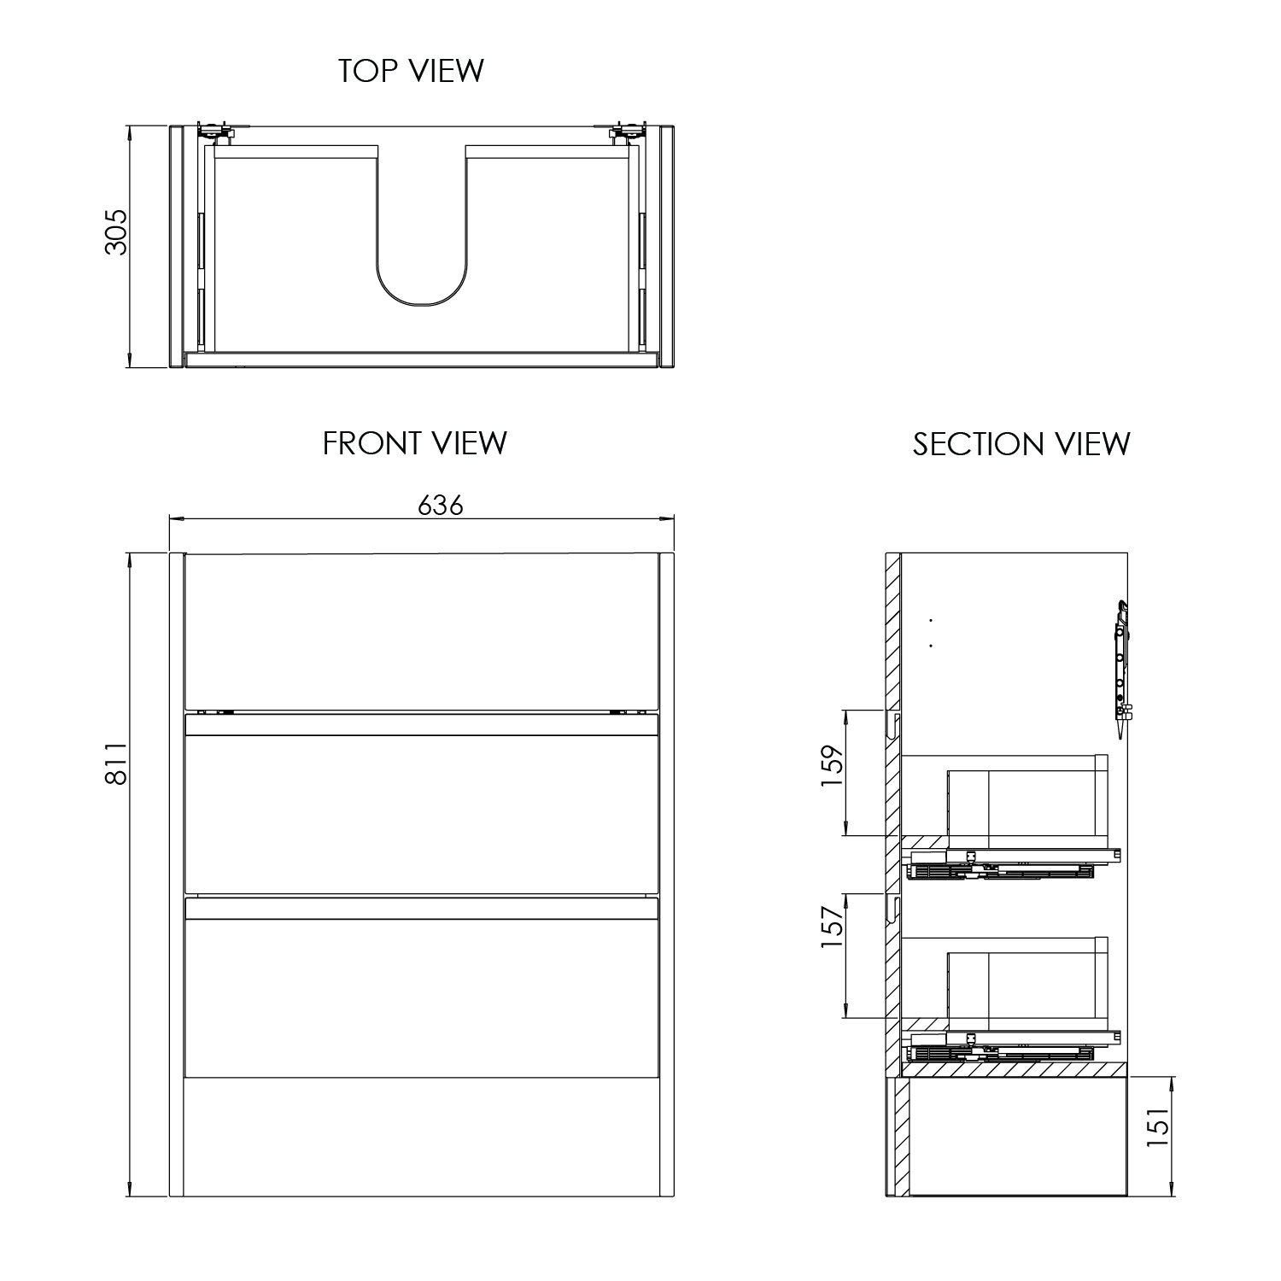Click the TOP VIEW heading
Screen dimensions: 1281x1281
coord(411,70)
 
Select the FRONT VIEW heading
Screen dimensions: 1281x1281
coord(414,443)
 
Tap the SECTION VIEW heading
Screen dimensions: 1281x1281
coord(1021,444)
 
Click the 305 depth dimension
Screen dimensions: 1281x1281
coord(115,231)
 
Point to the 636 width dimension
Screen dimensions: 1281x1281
coord(440,506)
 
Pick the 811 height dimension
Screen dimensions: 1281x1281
coord(116,763)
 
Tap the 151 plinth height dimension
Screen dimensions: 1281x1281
coord(1157,1125)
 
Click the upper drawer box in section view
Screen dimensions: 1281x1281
coord(1025,803)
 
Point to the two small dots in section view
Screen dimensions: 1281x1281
coord(931,633)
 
